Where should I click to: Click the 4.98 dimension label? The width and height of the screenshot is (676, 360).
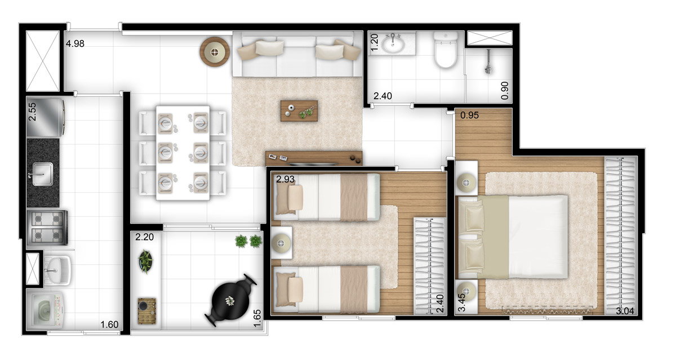75,44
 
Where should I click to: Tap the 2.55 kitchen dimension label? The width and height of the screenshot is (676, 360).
32,112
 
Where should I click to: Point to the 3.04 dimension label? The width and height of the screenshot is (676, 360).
625,311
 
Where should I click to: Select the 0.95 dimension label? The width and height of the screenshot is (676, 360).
470,115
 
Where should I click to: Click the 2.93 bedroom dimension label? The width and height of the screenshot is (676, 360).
285,179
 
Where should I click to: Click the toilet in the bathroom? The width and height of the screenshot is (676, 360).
446,50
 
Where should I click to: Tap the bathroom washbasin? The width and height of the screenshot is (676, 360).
393,44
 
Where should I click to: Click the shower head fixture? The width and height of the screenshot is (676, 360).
488,63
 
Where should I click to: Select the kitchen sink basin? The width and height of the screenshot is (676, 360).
43,174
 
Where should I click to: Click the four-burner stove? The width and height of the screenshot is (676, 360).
47,228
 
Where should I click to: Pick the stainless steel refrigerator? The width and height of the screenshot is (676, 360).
46,117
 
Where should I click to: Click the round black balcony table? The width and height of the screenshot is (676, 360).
231,300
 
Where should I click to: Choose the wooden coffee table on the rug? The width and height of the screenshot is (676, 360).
299,111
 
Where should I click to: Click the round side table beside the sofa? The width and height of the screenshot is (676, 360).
215,52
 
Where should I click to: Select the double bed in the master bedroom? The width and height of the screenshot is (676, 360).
513,237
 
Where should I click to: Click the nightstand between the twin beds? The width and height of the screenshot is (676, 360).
282,243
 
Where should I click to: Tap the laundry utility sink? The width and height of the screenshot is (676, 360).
57,270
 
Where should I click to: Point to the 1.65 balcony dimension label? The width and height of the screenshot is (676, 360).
257,318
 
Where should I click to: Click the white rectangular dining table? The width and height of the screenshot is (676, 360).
183,153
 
